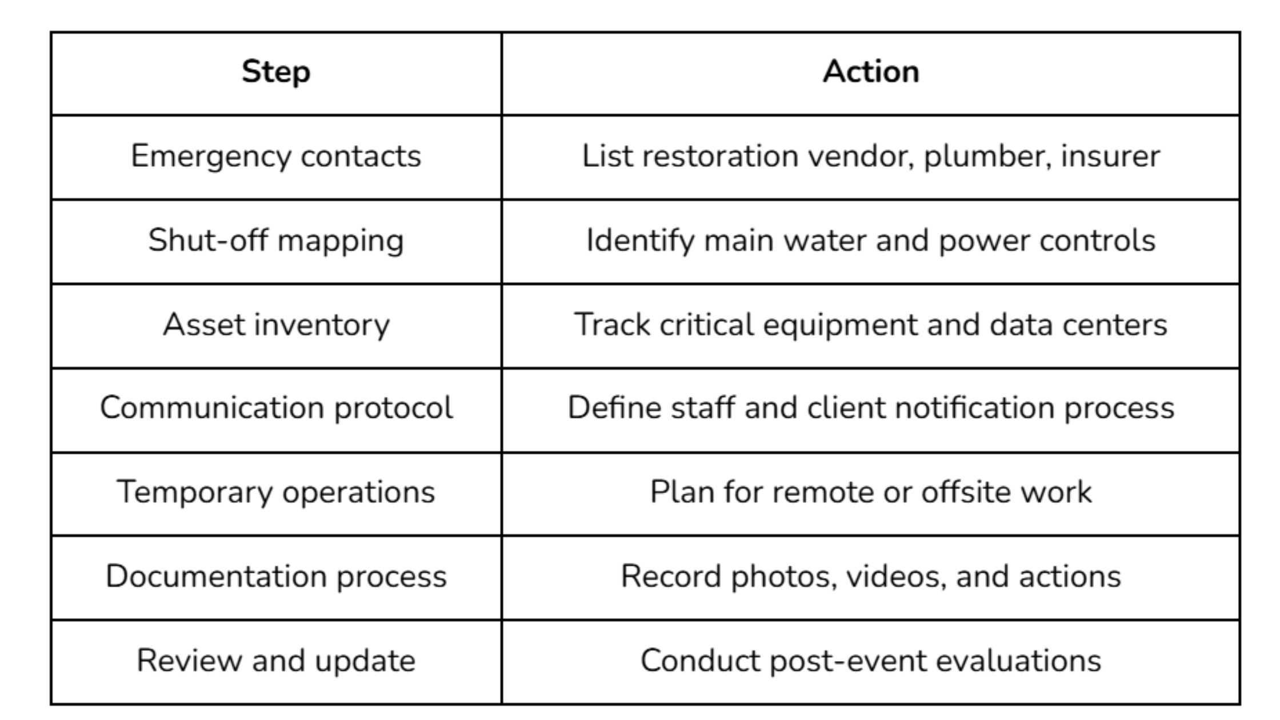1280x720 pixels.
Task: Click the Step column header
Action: point(276,73)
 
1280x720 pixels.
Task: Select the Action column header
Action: point(870,73)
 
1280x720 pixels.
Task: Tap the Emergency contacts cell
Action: point(276,156)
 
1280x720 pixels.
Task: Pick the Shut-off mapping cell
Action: point(276,241)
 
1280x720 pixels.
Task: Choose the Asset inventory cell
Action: point(276,325)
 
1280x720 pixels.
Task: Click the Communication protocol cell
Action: point(276,408)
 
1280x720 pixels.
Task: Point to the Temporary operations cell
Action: point(276,492)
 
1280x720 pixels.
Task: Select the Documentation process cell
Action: point(276,576)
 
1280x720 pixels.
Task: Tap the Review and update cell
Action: point(276,661)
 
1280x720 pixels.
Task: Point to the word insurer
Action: point(1110,156)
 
